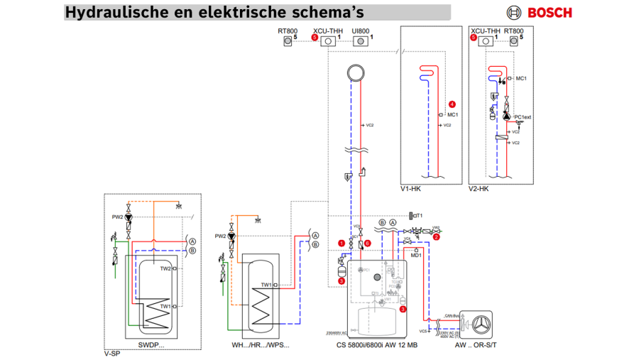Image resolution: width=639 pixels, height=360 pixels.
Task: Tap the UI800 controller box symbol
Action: pos(361,41)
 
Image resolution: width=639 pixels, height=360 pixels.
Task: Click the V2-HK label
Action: pos(479,189)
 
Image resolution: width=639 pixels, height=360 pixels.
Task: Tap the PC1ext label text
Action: pos(523,117)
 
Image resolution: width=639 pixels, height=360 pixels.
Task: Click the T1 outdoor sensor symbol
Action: pos(413,215)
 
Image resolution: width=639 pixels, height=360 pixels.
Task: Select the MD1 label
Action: pos(417,255)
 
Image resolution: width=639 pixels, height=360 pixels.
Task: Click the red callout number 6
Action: pos(368,243)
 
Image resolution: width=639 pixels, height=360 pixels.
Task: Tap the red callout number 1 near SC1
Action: pos(342,243)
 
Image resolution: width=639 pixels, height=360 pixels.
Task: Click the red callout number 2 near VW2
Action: pos(437,237)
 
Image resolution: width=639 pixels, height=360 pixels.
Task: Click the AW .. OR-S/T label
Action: pos(478,346)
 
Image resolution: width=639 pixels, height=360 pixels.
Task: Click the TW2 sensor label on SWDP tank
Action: pos(164,269)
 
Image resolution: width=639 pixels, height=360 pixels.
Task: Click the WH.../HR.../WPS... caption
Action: pos(261,346)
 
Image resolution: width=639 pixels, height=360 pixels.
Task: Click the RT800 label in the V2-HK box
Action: pos(513,31)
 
